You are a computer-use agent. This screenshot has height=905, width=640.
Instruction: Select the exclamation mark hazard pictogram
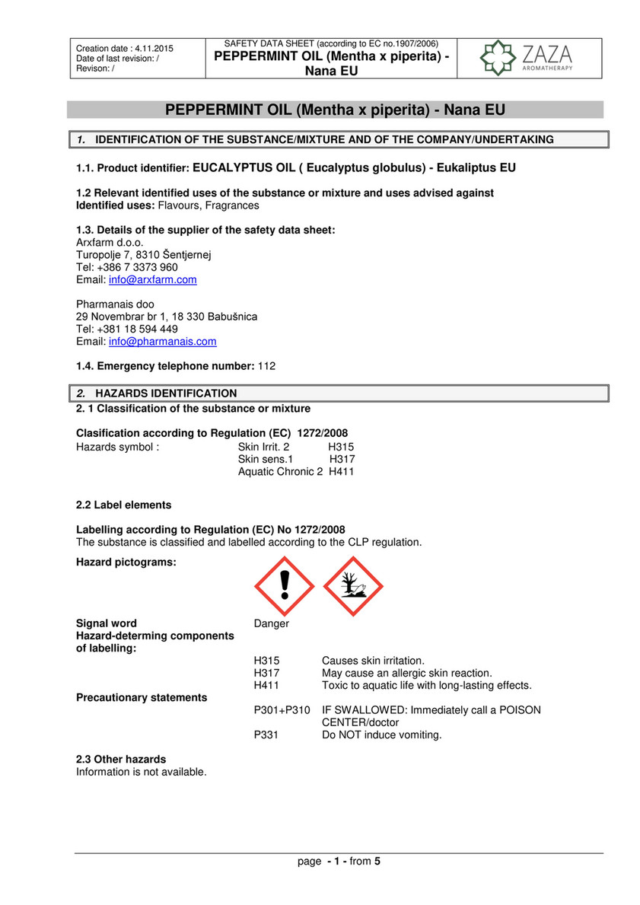(283, 586)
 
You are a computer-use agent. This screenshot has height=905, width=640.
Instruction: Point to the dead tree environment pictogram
(353, 586)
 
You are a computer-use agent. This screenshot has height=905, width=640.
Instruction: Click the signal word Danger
(272, 623)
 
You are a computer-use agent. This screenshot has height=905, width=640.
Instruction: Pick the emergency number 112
(267, 366)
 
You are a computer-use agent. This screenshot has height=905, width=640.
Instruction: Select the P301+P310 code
(282, 710)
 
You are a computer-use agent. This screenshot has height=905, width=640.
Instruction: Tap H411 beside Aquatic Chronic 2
(342, 472)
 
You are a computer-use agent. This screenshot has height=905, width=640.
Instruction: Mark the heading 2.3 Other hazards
(121, 760)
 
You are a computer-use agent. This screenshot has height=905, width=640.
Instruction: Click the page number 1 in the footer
(336, 862)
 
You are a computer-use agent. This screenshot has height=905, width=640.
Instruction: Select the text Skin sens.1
(266, 460)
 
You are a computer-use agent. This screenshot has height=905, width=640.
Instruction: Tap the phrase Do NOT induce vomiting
(382, 735)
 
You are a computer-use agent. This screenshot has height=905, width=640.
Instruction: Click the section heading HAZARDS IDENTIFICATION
(166, 394)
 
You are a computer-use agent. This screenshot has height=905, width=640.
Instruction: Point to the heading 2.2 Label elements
(123, 505)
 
